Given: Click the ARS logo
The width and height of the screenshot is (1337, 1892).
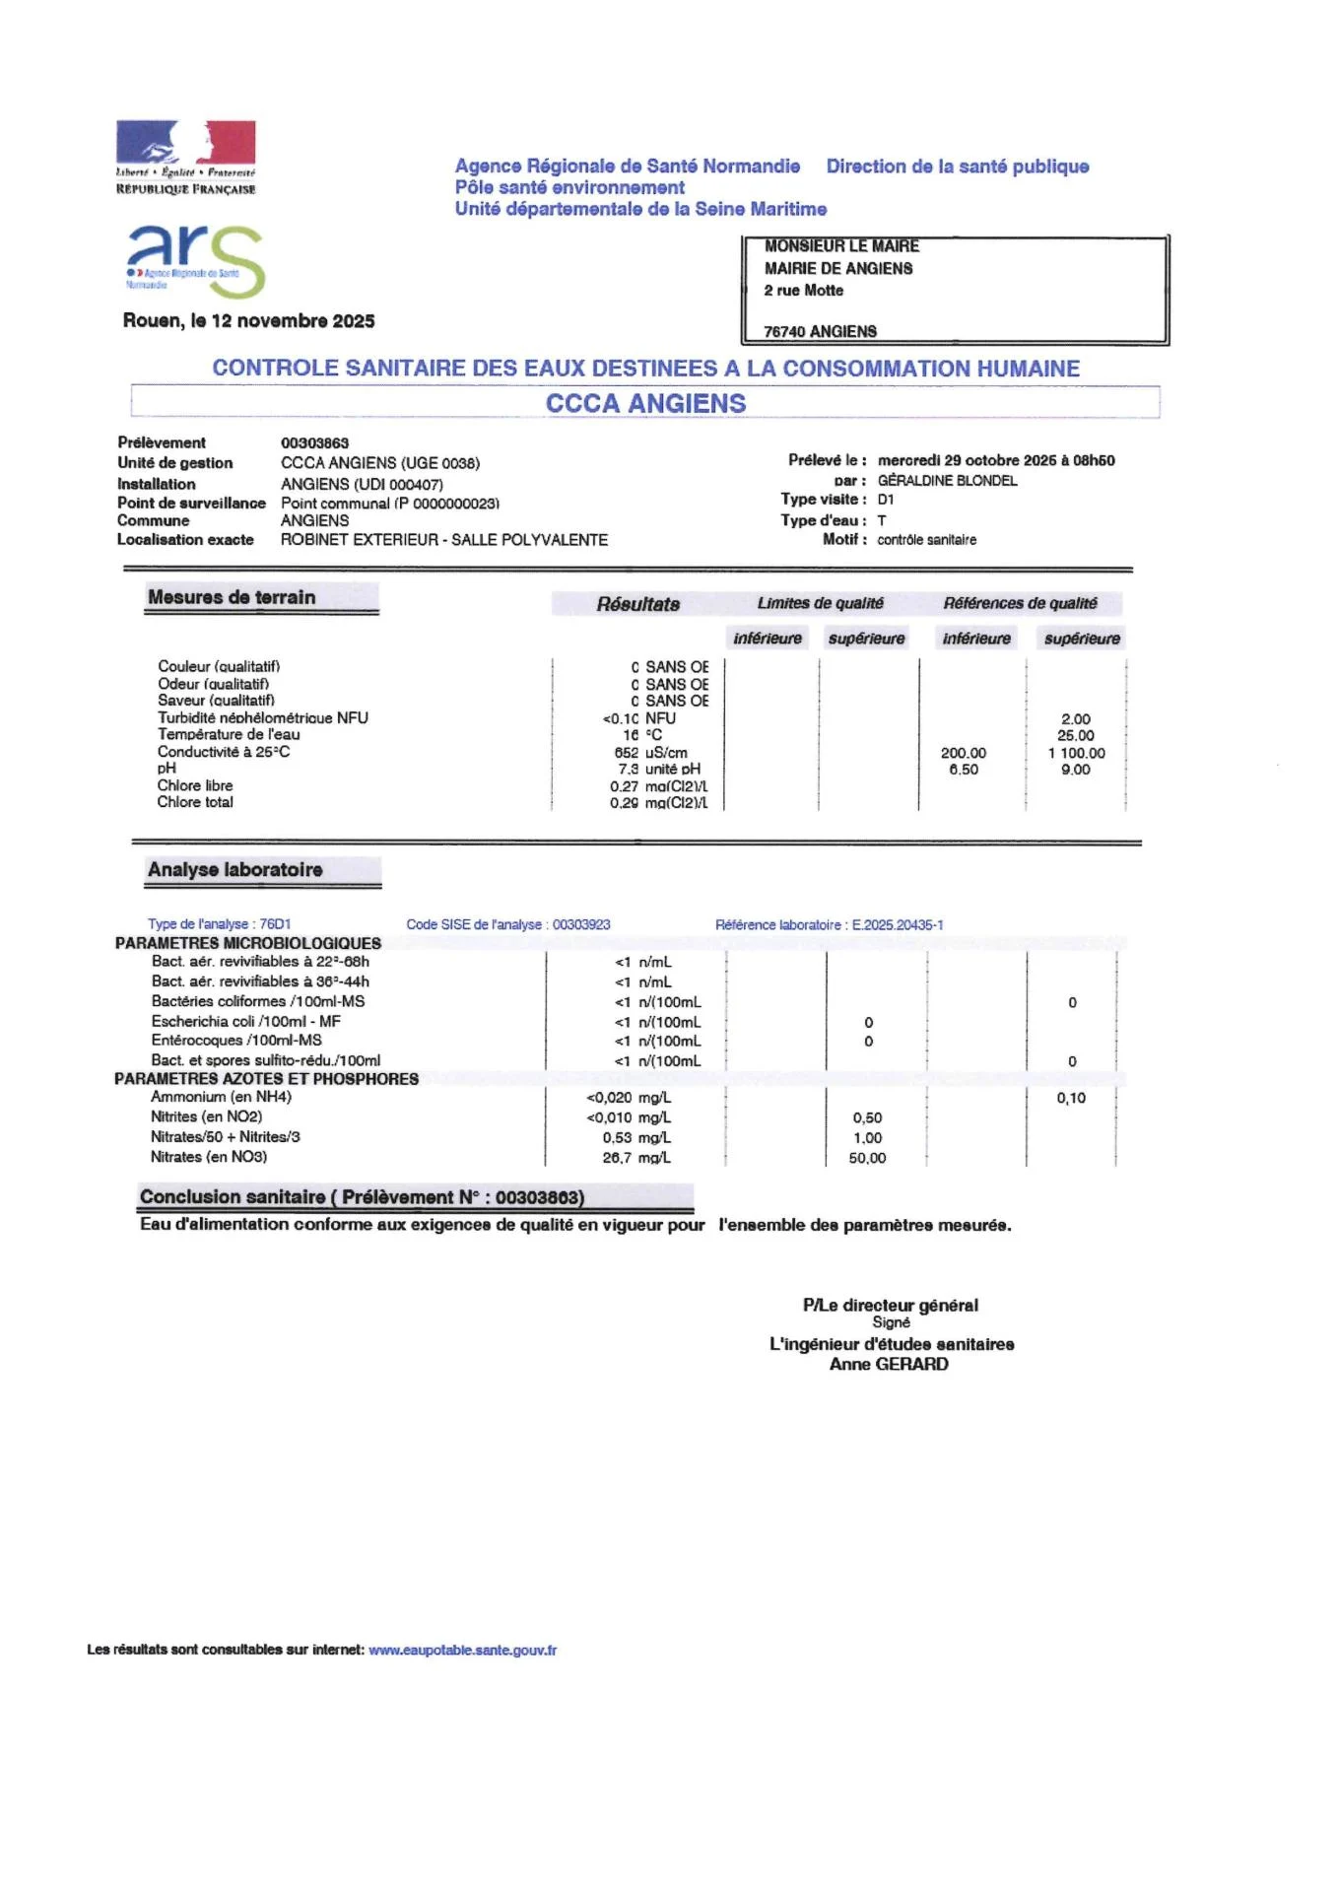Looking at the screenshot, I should point(195,259).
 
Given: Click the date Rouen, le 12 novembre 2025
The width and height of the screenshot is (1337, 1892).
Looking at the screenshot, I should point(248,321).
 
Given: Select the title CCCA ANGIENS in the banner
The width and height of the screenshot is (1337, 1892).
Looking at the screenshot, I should point(645,403).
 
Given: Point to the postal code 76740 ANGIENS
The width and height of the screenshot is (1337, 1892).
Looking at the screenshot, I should point(820,332).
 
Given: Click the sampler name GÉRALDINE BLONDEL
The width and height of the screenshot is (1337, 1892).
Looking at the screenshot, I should point(947,481).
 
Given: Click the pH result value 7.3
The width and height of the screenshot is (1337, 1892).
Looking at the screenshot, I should point(629,770).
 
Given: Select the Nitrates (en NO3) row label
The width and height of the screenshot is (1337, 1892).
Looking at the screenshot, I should point(209,1157).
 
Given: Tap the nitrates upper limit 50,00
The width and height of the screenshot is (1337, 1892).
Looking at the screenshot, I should point(867,1159).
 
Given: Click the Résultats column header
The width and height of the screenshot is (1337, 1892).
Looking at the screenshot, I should point(637,604).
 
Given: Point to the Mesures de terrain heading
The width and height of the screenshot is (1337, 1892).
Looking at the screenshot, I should point(232,597).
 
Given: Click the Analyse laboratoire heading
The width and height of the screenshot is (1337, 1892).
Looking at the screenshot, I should point(235,870).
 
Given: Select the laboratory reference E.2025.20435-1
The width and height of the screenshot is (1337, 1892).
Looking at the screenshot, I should point(897,925).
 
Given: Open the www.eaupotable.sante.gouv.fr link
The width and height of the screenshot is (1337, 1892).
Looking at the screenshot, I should point(462,1651).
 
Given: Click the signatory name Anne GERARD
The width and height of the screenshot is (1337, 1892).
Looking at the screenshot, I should point(889,1365).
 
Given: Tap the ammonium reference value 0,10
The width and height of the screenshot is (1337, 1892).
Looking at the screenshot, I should point(1071,1099).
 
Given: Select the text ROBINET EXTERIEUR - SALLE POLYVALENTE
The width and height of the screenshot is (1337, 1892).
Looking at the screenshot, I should point(444,540).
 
